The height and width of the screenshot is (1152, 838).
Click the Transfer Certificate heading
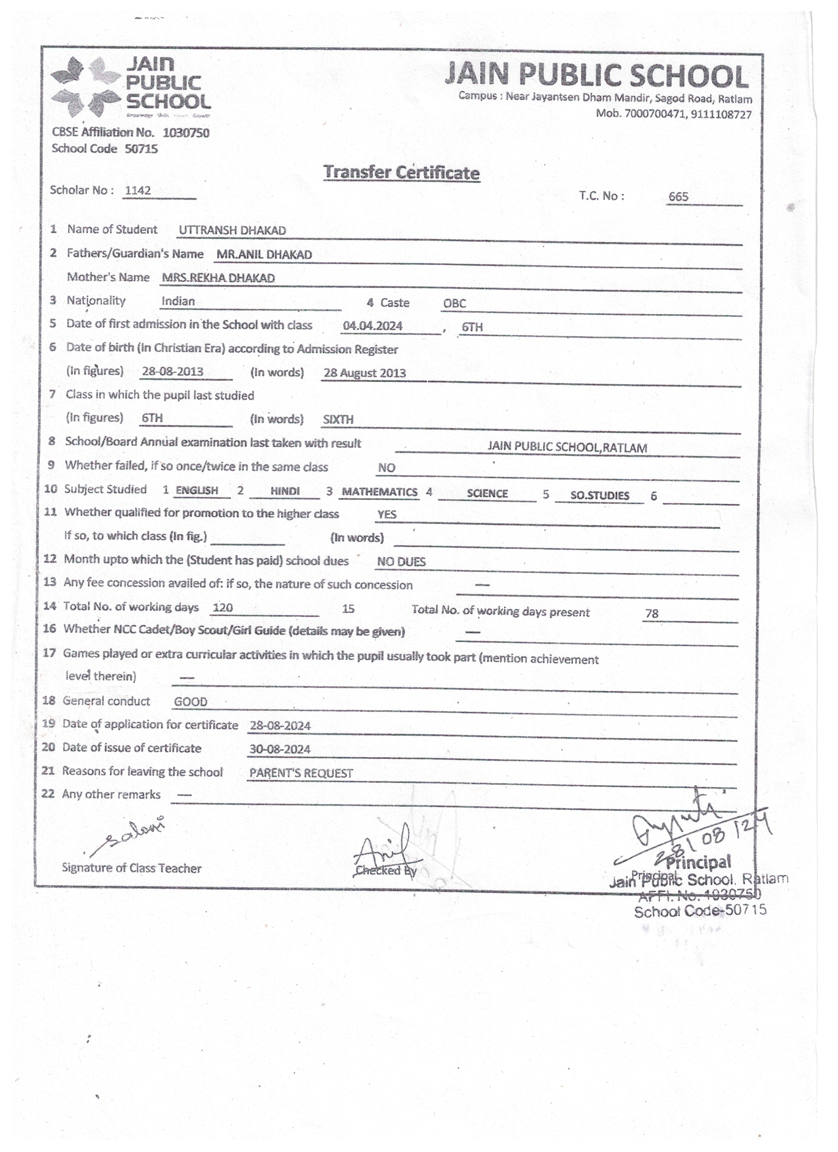pos(401,172)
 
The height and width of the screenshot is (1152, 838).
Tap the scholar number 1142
pos(138,191)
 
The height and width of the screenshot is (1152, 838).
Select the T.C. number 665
pos(678,197)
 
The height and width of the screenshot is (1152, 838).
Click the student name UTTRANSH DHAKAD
pos(232,230)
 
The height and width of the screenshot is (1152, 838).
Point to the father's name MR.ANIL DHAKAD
pos(264,254)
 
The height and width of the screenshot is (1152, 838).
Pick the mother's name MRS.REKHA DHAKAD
pos(218,278)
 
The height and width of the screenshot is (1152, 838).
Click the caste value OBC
pos(454,303)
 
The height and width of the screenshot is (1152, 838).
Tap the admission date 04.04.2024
pos(372,326)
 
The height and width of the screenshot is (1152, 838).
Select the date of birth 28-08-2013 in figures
pos(172,372)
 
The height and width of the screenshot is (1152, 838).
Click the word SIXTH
pos(338,419)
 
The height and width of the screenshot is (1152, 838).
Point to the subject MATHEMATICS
pos(379,492)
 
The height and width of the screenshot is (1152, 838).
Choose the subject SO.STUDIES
pos(600,495)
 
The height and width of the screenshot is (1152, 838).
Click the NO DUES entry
pos(401,562)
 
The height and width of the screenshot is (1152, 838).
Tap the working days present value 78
pos(652,613)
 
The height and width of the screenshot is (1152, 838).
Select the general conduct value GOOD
pos(191,702)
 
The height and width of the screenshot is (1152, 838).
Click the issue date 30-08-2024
pos(280,749)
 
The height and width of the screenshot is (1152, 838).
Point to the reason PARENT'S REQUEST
pos(301,773)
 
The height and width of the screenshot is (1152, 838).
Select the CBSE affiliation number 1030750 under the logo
pos(186,133)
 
